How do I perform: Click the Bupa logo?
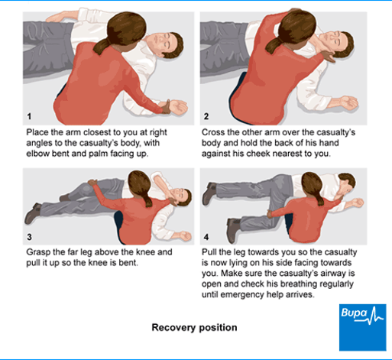362,327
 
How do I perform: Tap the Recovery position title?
194,327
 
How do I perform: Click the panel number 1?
29,116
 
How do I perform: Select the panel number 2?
206,116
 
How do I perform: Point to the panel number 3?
29,237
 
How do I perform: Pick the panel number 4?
206,237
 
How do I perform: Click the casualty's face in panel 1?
161,44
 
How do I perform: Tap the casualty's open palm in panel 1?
178,107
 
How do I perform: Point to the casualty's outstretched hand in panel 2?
348,102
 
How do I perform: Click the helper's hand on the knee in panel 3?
92,182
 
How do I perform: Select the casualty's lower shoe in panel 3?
32,213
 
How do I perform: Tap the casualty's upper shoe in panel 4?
209,193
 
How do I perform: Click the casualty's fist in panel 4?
357,203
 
